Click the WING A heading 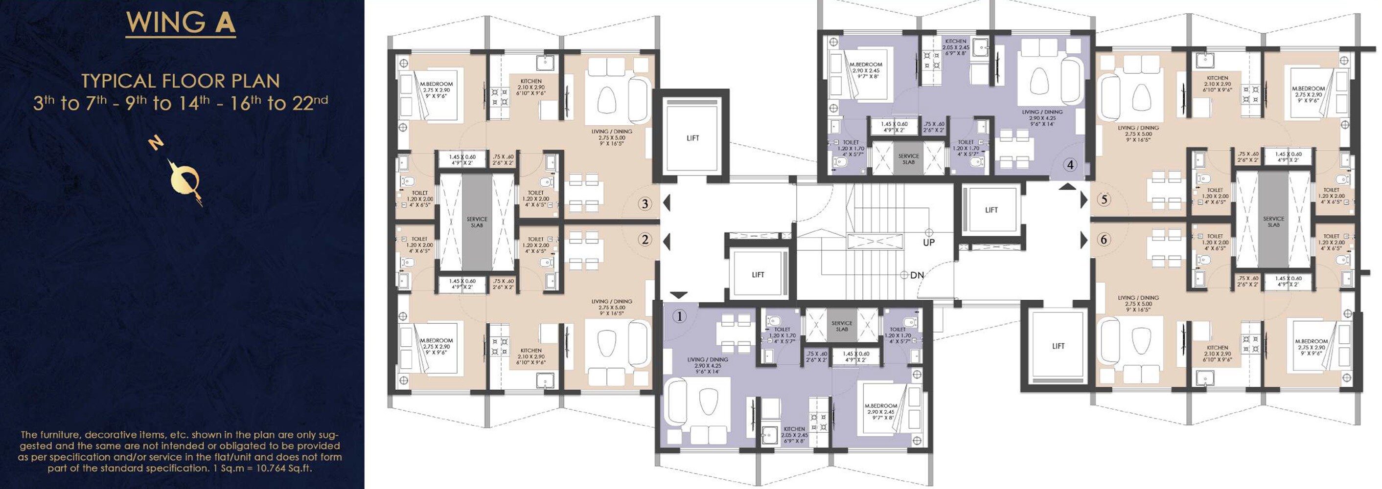click(181, 22)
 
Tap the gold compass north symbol click(184, 179)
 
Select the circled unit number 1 click(679, 316)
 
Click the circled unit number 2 click(645, 240)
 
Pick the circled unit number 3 click(645, 204)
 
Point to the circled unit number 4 click(1070, 165)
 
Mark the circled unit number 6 click(1104, 240)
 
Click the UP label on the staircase click(929, 243)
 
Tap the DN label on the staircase click(917, 275)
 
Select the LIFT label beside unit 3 click(692, 138)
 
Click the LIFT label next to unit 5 click(991, 210)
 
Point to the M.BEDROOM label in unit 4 click(866, 65)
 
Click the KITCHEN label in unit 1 click(794, 429)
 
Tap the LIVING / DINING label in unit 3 click(612, 132)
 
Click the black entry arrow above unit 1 click(679, 295)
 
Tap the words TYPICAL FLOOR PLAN click(180, 81)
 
